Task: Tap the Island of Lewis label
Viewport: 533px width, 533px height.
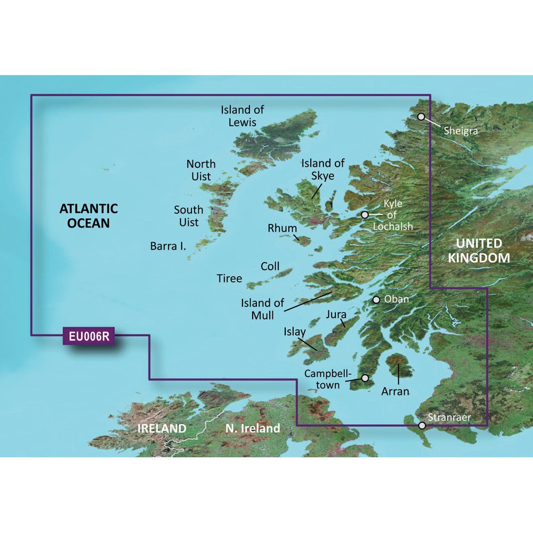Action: click(x=243, y=116)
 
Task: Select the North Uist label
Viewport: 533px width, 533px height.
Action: click(x=201, y=169)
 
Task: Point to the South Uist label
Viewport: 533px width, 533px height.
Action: click(x=188, y=216)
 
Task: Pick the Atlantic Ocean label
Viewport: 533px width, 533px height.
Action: click(x=88, y=215)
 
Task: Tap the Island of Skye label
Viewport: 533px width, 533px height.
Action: click(x=323, y=169)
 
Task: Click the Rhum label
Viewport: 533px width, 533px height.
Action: click(x=282, y=228)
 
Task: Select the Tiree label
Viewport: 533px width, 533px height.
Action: click(x=229, y=278)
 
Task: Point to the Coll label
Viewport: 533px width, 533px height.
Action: click(x=270, y=266)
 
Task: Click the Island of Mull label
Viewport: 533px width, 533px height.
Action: click(x=257, y=309)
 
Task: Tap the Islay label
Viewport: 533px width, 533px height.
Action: click(x=295, y=332)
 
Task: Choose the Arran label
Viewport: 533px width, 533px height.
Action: click(x=395, y=392)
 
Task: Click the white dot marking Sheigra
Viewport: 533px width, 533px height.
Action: click(x=421, y=116)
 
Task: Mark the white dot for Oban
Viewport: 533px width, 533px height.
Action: click(x=376, y=300)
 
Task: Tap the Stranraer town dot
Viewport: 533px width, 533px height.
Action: click(x=422, y=426)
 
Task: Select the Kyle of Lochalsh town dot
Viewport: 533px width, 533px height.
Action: click(x=365, y=215)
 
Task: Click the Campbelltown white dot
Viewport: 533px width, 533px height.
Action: click(x=365, y=378)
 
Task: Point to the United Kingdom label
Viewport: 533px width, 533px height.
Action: click(x=479, y=251)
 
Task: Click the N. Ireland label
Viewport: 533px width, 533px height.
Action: click(x=252, y=428)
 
